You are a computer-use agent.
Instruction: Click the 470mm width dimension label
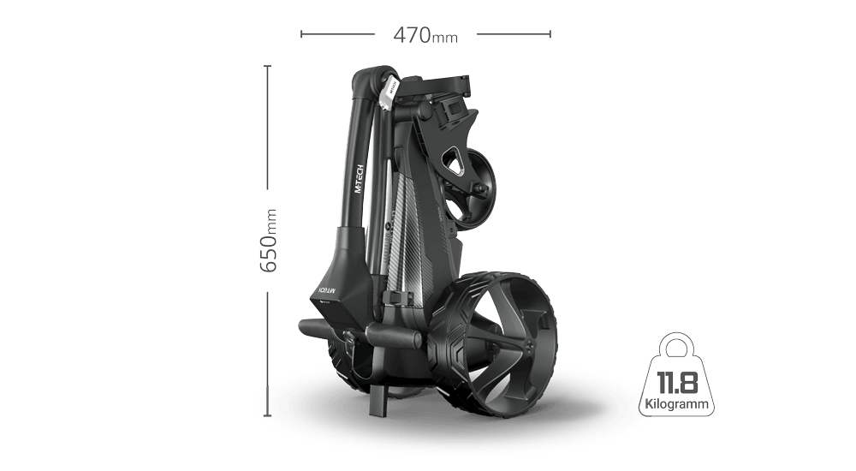point(425,35)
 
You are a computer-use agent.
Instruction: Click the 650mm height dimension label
point(268,241)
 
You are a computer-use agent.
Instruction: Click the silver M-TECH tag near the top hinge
point(386,91)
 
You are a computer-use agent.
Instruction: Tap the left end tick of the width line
point(301,35)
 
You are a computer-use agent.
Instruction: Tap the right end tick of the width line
point(549,35)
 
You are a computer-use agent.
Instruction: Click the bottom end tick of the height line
point(268,417)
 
